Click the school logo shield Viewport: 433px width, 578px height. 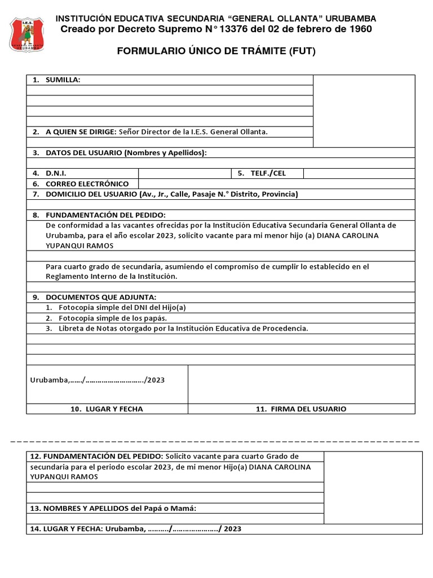pyautogui.click(x=29, y=34)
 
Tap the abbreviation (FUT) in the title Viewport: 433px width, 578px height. pyautogui.click(x=302, y=52)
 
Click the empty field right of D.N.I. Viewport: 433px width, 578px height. pyautogui.click(x=184, y=173)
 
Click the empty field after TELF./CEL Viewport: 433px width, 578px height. pyautogui.click(x=359, y=173)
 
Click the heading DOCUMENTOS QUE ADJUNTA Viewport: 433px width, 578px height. pyautogui.click(x=100, y=297)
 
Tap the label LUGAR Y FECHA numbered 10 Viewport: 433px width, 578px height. pyautogui.click(x=107, y=409)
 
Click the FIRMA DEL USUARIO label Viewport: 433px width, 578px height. pyautogui.click(x=301, y=409)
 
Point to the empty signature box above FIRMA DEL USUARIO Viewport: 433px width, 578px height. pyautogui.click(x=301, y=384)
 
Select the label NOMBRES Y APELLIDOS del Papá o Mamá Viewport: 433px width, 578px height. pyautogui.click(x=113, y=509)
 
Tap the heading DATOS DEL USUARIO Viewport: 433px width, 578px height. pyautogui.click(x=126, y=153)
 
